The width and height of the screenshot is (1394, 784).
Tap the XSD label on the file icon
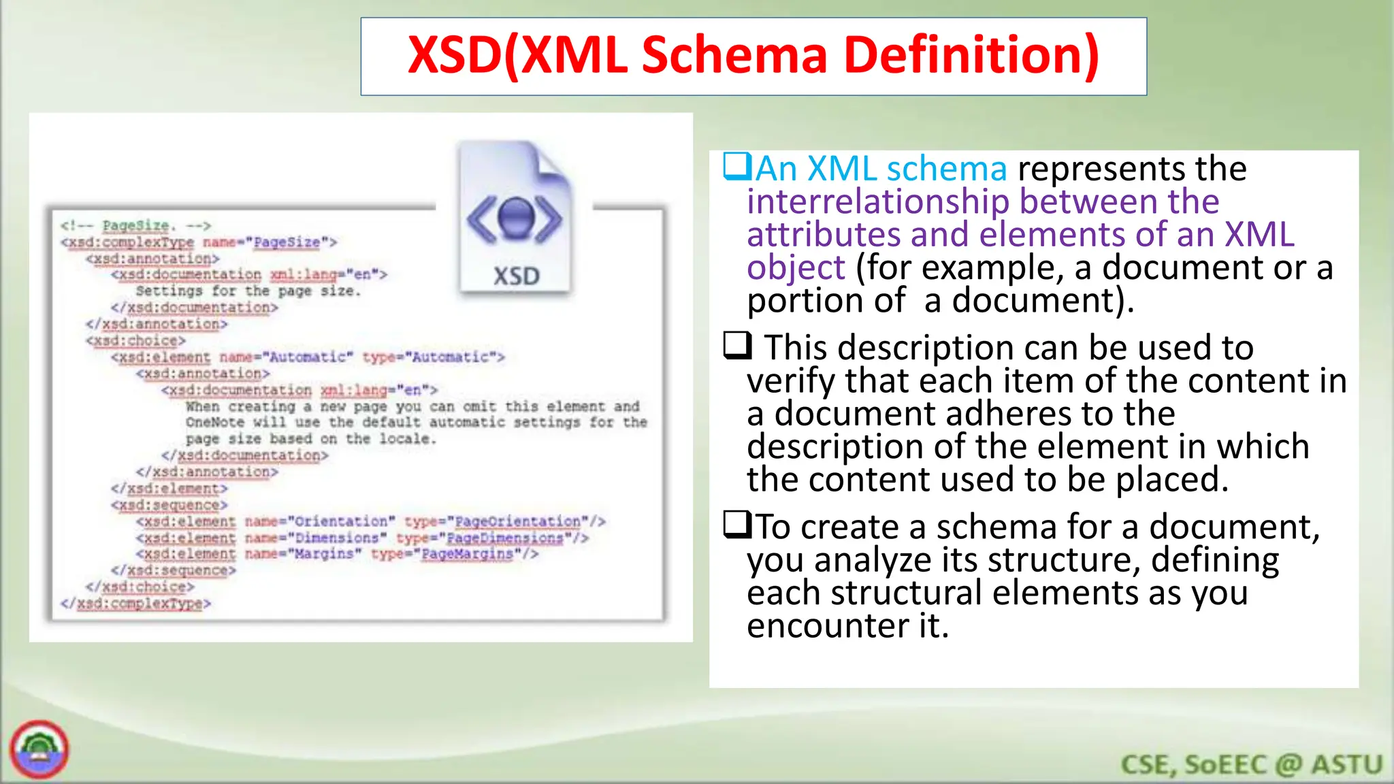(x=516, y=276)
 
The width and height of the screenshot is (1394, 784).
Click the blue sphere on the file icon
(x=515, y=216)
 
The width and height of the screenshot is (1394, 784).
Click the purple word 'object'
(x=795, y=267)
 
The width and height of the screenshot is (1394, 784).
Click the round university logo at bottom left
(x=39, y=750)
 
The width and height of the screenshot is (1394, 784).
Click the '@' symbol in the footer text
(x=1288, y=765)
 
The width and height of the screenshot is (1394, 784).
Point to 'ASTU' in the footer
(x=1348, y=765)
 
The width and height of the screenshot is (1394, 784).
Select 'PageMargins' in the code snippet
(x=467, y=555)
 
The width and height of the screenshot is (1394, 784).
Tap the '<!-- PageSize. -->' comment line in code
(x=135, y=226)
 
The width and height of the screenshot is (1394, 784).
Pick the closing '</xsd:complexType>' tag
(x=135, y=604)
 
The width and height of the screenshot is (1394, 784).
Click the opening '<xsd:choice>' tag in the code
(x=135, y=341)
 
